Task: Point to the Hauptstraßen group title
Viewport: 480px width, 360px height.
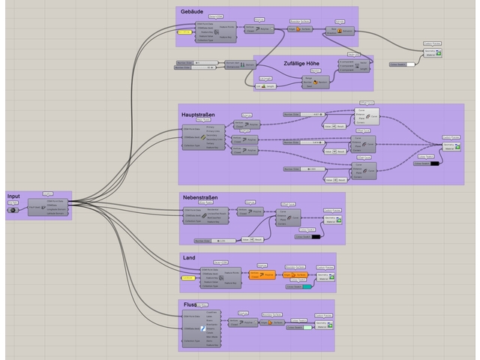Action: pos(198,114)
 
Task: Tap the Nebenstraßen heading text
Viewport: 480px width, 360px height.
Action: pos(201,197)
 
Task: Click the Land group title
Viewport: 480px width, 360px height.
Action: pos(189,257)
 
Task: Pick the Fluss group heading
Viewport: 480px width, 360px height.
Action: pos(190,304)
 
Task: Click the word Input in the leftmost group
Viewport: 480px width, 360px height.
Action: pos(14,196)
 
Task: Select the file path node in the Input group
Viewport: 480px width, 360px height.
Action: pos(14,210)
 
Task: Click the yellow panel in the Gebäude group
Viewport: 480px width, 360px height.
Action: pos(184,32)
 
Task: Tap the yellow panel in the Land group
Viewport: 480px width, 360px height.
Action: pos(188,278)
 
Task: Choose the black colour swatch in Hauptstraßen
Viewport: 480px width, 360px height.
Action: pos(434,163)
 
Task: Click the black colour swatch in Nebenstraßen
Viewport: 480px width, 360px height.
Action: pos(316,237)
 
